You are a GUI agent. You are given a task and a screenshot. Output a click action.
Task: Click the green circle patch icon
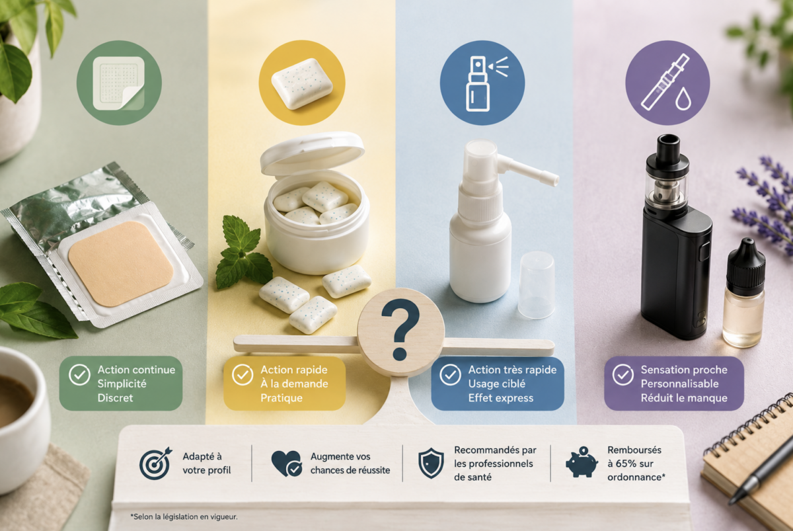(119, 83)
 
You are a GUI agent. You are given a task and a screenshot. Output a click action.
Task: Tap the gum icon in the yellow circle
(302, 83)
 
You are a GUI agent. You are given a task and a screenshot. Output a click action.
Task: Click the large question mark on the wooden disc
(400, 329)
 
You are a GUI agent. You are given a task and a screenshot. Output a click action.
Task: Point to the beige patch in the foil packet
(121, 264)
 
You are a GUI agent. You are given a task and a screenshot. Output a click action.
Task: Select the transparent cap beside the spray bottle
(537, 285)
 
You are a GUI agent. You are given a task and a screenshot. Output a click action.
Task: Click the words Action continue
(136, 370)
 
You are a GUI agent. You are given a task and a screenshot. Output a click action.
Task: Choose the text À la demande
(294, 384)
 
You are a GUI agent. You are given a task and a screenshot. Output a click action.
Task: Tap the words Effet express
(501, 398)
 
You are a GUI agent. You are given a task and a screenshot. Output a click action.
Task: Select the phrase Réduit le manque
(684, 398)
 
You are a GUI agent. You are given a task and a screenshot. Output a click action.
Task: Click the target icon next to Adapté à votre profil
(155, 464)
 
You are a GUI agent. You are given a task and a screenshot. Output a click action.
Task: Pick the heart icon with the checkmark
(287, 464)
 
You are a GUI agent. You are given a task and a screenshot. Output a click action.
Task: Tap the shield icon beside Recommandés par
(431, 463)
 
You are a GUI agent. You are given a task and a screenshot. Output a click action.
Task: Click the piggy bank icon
(582, 462)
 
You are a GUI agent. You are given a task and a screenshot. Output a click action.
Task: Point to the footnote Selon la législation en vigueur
(184, 517)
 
